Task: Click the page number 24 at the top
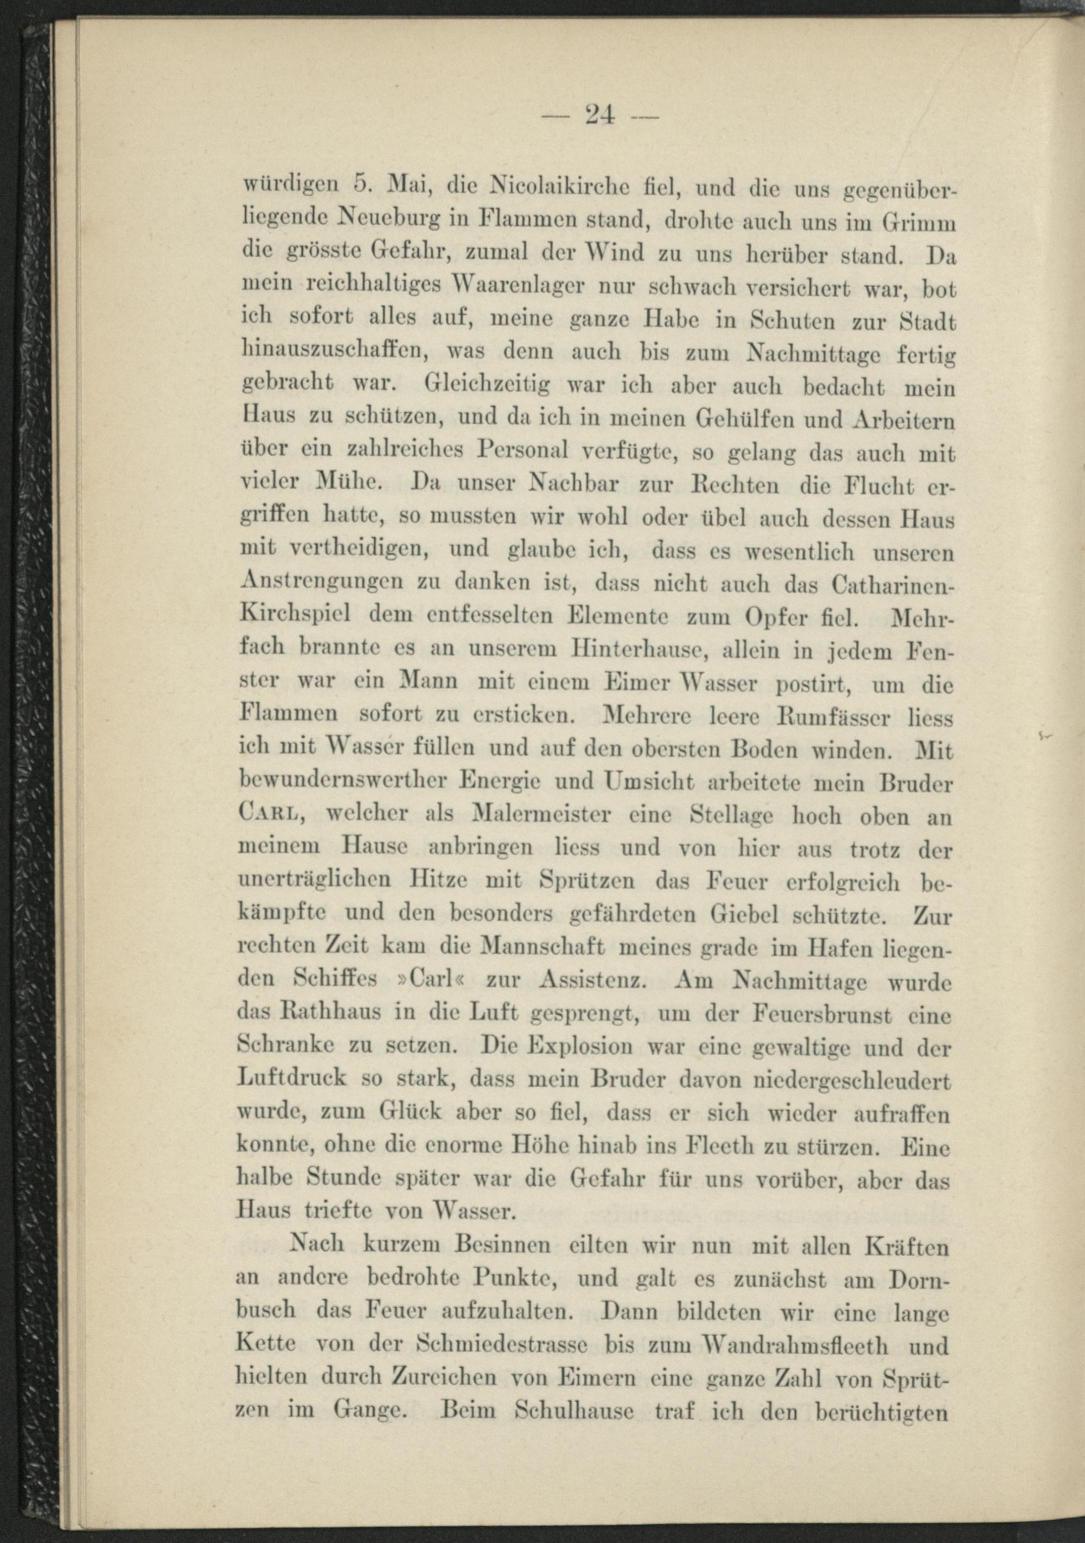[x=600, y=115]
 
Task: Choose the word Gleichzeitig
[x=488, y=385]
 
